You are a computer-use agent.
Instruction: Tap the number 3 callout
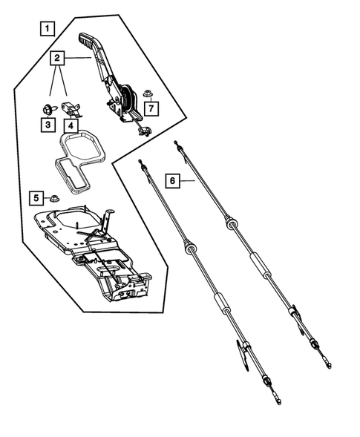(x=47, y=125)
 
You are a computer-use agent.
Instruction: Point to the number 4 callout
(x=71, y=125)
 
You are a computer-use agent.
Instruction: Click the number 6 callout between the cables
(x=171, y=180)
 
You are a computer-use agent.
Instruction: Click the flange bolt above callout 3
(x=47, y=110)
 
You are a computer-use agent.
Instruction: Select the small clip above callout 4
(x=73, y=108)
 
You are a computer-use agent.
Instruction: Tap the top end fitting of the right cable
(x=176, y=143)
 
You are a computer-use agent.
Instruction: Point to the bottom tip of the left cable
(x=278, y=402)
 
